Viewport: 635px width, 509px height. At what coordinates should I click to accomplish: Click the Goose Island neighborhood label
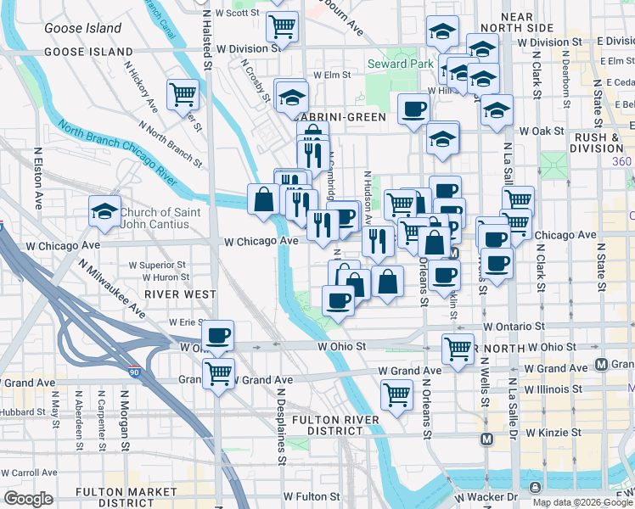pyautogui.click(x=83, y=28)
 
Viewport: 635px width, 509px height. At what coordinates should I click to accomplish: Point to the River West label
pyautogui.click(x=179, y=294)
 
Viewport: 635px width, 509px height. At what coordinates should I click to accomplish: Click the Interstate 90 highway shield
pyautogui.click(x=134, y=371)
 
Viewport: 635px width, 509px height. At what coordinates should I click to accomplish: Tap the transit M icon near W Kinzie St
pyautogui.click(x=487, y=439)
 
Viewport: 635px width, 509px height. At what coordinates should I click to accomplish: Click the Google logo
pyautogui.click(x=28, y=499)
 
